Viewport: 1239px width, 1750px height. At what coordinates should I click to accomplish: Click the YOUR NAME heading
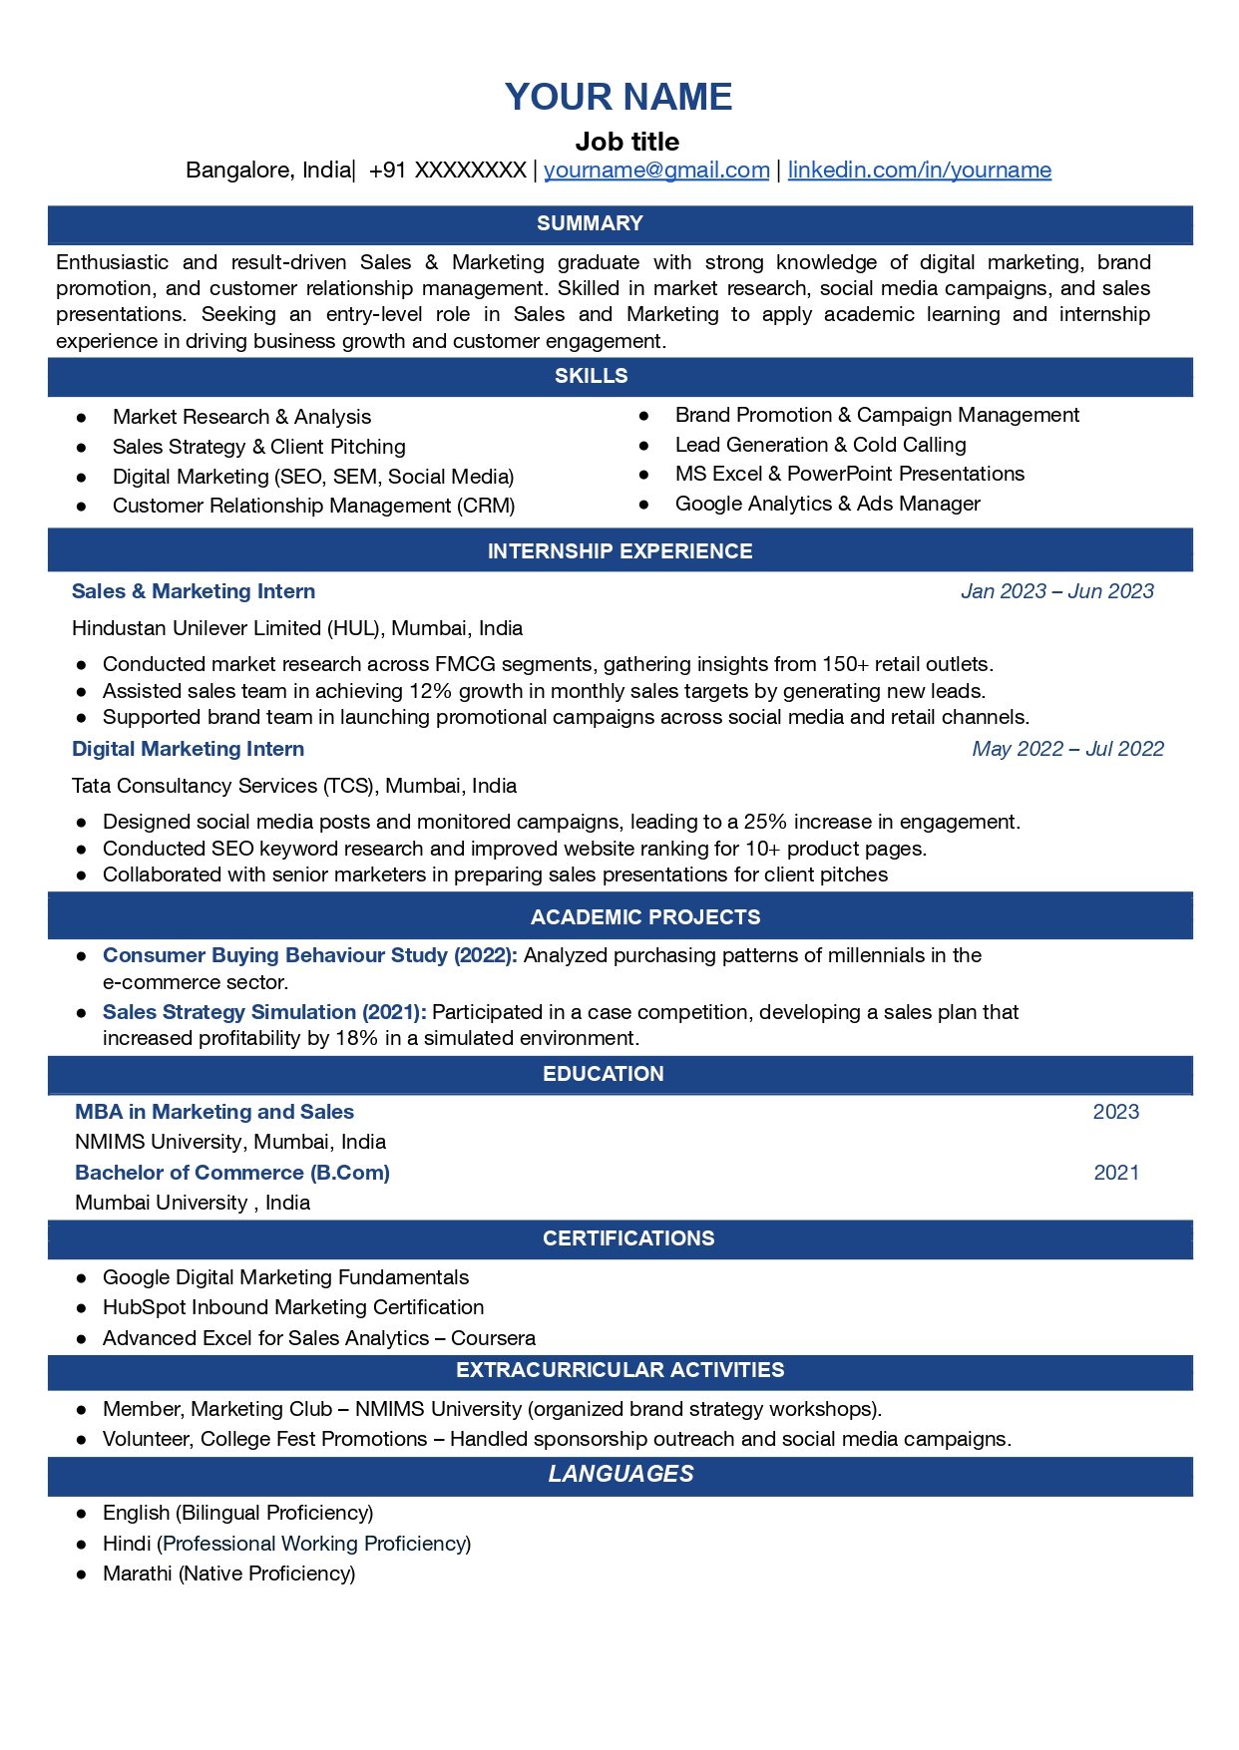[x=619, y=97]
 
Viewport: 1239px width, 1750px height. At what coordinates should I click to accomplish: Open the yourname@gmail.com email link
[x=656, y=171]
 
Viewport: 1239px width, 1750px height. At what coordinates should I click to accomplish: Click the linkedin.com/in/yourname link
[x=919, y=171]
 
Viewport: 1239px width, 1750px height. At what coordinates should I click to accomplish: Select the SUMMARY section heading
[x=590, y=223]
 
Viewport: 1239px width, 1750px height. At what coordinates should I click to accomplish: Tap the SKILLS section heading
[x=592, y=376]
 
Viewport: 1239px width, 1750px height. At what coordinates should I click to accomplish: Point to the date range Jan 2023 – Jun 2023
[x=1056, y=591]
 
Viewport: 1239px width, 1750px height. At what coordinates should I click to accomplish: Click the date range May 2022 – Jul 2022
[x=1067, y=749]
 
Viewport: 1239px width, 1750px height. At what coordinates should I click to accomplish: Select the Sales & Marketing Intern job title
[x=194, y=591]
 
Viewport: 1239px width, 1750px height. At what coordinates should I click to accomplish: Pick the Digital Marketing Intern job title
[x=188, y=749]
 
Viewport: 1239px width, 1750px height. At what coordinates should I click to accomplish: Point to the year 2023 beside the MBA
[x=1115, y=1112]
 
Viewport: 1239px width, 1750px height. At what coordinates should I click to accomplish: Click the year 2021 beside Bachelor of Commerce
[x=1116, y=1173]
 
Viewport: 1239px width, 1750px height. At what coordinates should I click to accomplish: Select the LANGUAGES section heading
[x=620, y=1474]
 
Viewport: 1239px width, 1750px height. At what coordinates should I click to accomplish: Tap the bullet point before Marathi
[x=82, y=1574]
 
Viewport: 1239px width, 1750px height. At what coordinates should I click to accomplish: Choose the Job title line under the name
[x=626, y=142]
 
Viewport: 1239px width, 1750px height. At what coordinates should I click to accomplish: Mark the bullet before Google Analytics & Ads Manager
[x=644, y=505]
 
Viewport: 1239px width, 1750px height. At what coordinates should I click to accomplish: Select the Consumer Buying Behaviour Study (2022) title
[x=309, y=955]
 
